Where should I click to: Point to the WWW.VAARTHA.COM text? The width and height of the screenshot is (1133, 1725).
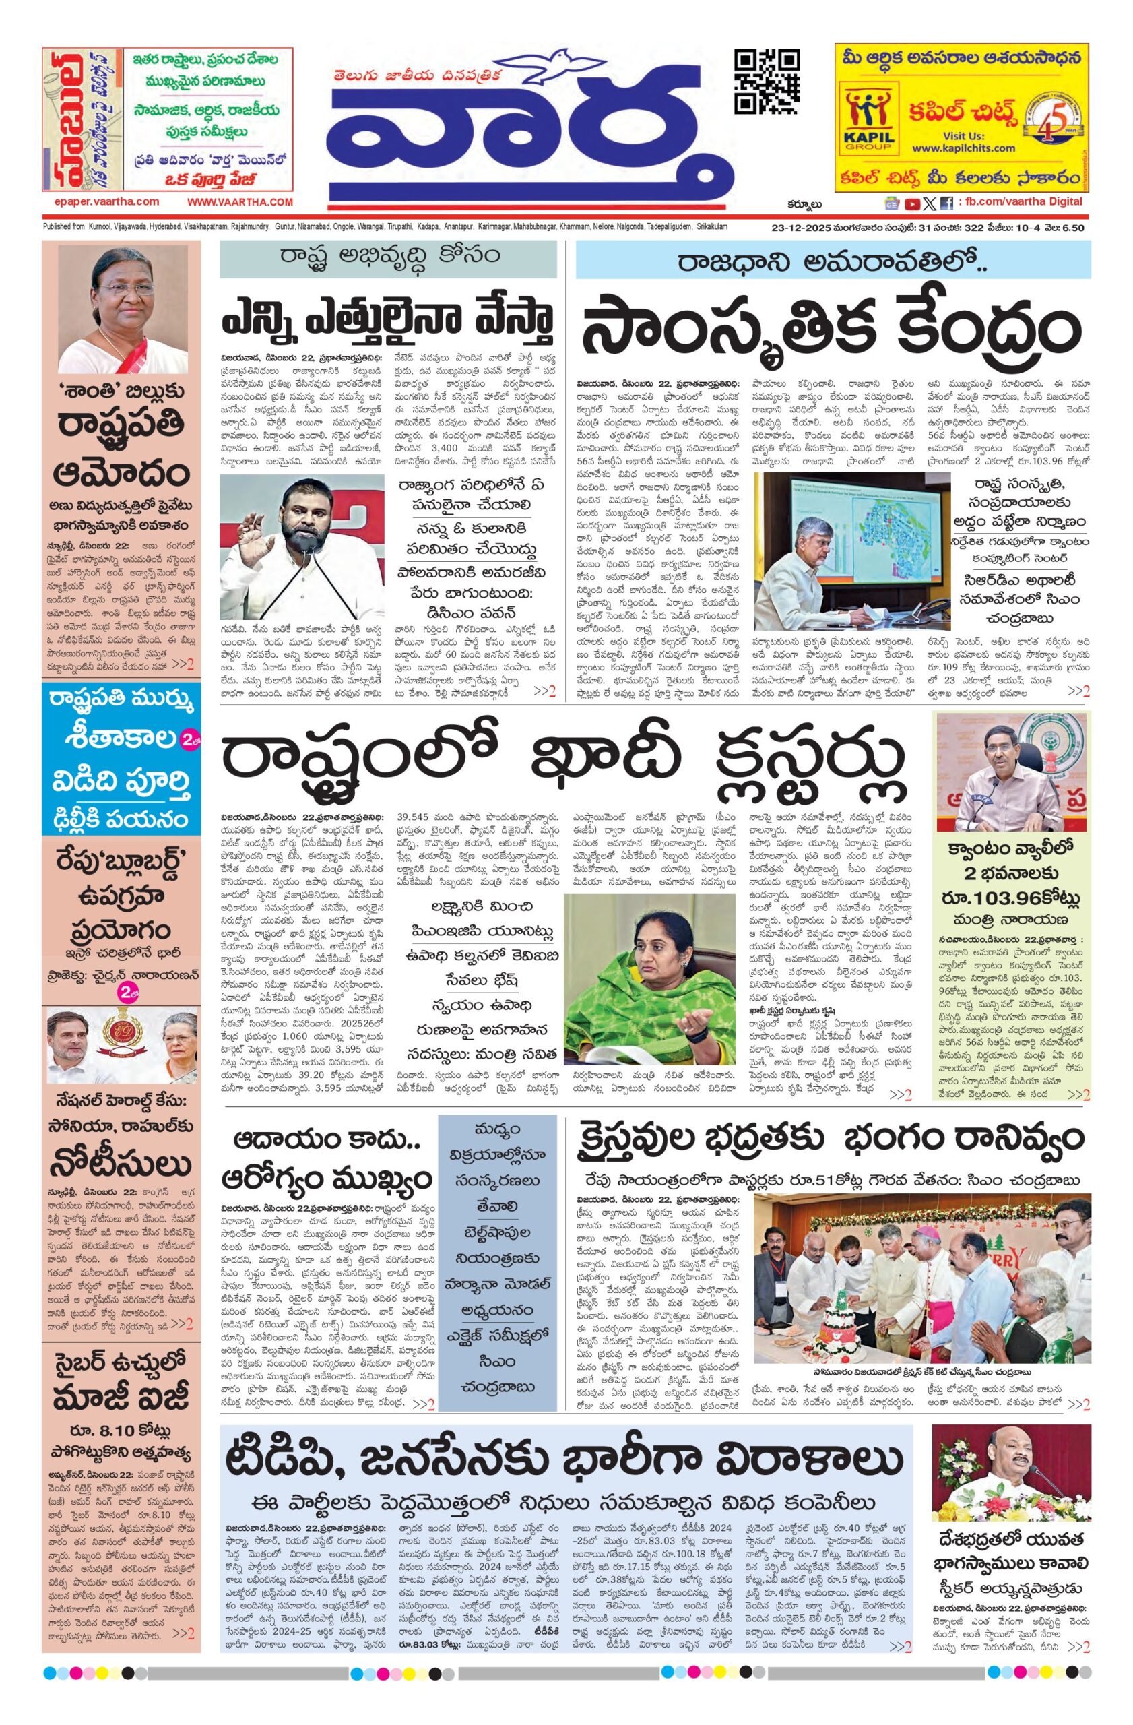tap(240, 202)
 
